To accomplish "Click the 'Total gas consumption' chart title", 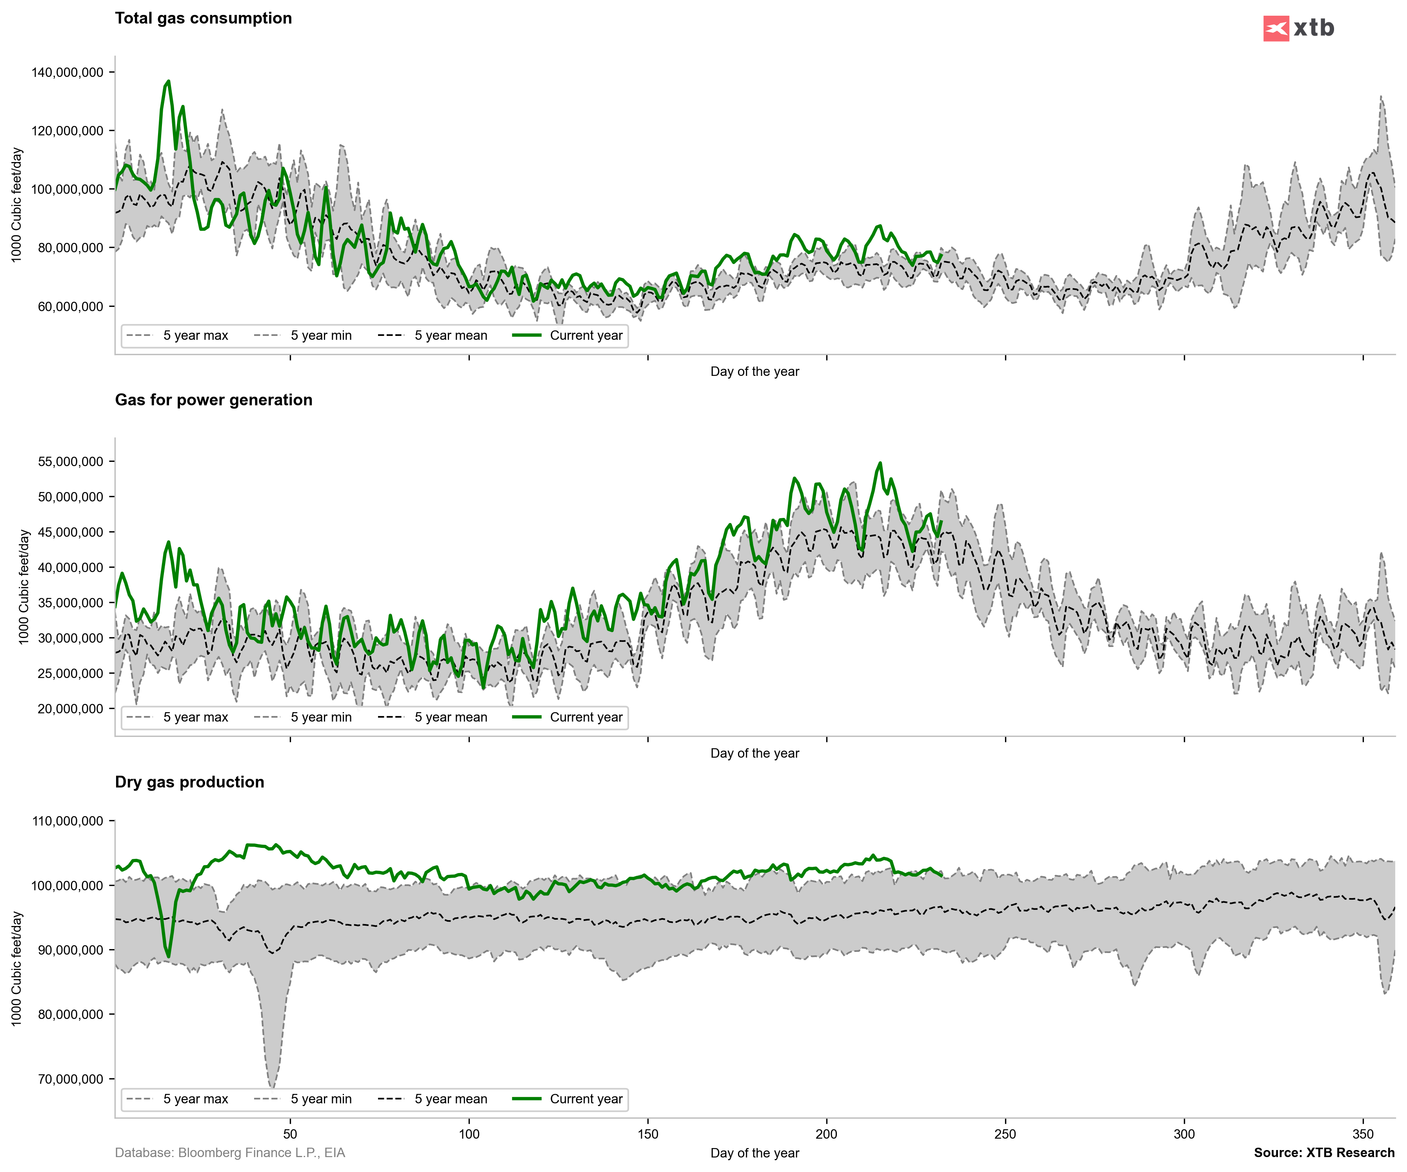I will (x=203, y=18).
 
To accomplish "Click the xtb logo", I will (x=1298, y=28).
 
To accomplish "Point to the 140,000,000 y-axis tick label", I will (x=67, y=73).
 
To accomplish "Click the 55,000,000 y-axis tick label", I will (x=70, y=462).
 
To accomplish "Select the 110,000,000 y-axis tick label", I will (x=67, y=821).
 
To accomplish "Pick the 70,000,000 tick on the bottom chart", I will (x=70, y=1079).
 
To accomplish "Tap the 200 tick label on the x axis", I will (x=826, y=1134).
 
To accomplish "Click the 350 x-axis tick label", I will (x=1363, y=1134).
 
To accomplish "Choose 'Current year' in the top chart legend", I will (x=585, y=335).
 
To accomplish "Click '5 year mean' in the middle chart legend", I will (x=450, y=717).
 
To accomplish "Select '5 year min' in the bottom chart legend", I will (x=321, y=1099).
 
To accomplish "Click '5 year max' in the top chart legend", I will (x=195, y=335).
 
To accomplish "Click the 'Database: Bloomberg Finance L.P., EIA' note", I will (x=230, y=1152).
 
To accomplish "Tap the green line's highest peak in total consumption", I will (x=168, y=81).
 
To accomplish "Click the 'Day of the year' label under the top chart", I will (x=754, y=372).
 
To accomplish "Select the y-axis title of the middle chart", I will (x=24, y=587).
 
